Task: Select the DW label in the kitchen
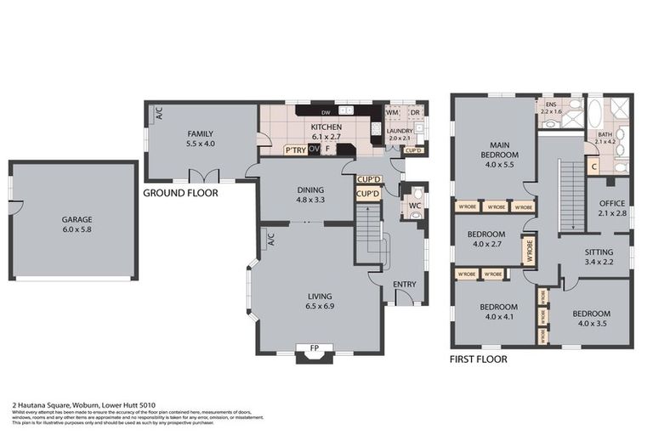pyautogui.click(x=325, y=112)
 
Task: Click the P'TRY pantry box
pyautogui.click(x=295, y=150)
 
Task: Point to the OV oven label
pyautogui.click(x=314, y=150)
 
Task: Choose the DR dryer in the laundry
pyautogui.click(x=415, y=112)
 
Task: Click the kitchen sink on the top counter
pyautogui.click(x=346, y=111)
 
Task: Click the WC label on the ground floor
pyautogui.click(x=415, y=205)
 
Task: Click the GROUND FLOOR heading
pyautogui.click(x=180, y=193)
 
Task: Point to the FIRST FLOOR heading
pyautogui.click(x=479, y=359)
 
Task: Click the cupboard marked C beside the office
pyautogui.click(x=593, y=167)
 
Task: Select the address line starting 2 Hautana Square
pyautogui.click(x=83, y=405)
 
